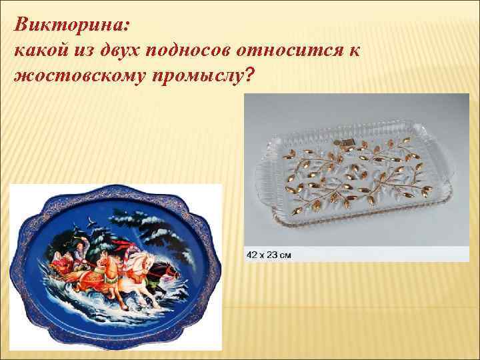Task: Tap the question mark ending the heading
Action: [249, 78]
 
